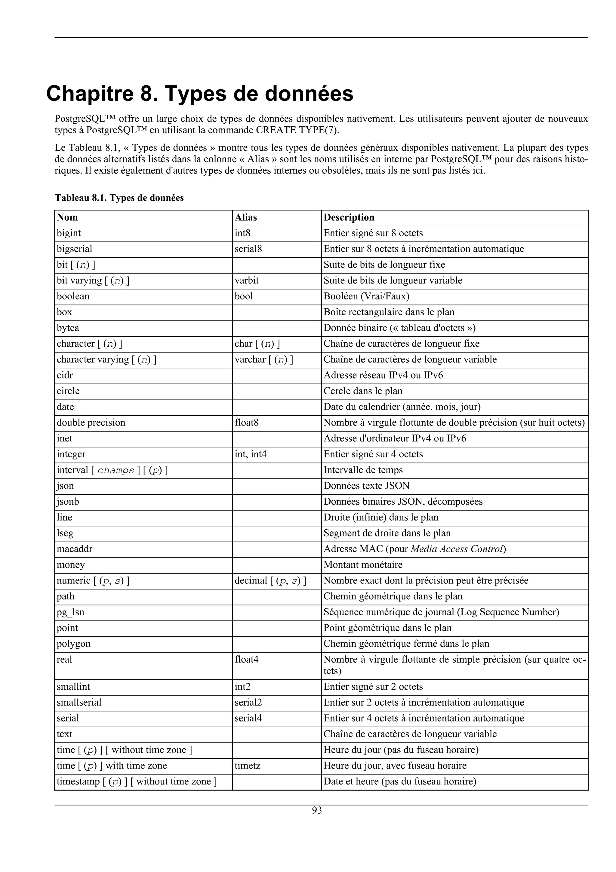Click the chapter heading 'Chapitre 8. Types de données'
pyautogui.click(x=200, y=94)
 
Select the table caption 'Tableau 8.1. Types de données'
pyautogui.click(x=119, y=198)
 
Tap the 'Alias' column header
pyautogui.click(x=245, y=217)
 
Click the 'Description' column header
pyautogui.click(x=349, y=217)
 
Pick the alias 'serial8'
pyautogui.click(x=248, y=249)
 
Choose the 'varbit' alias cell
pyautogui.click(x=247, y=281)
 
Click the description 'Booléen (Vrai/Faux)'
pyautogui.click(x=366, y=296)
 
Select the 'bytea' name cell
pyautogui.click(x=68, y=328)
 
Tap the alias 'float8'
pyautogui.click(x=247, y=423)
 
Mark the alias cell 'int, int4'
pyautogui.click(x=251, y=454)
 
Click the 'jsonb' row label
pyautogui.click(x=68, y=502)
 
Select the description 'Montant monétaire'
pyautogui.click(x=363, y=565)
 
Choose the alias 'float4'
pyautogui.click(x=247, y=660)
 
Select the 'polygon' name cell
pyautogui.click(x=74, y=644)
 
